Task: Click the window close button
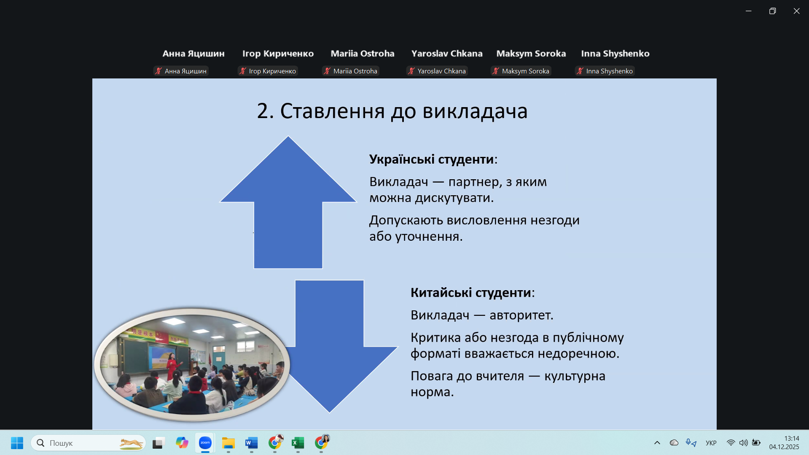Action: (x=796, y=11)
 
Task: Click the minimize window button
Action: (x=748, y=11)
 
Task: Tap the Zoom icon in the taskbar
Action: (x=205, y=443)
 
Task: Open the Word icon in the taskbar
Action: (x=251, y=443)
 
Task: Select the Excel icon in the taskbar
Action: (x=298, y=443)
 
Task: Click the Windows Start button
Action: (x=17, y=443)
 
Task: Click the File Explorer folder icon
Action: (x=228, y=443)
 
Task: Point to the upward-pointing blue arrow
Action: (x=288, y=202)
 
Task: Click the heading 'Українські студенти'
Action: (x=431, y=159)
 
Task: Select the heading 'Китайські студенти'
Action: (x=470, y=293)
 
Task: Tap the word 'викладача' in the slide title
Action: (x=475, y=111)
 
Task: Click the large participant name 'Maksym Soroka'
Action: (x=531, y=54)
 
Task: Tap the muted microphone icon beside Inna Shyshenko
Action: (x=581, y=71)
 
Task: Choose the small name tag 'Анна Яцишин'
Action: (x=185, y=71)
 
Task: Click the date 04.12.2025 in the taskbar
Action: (x=784, y=447)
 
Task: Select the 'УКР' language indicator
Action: (x=711, y=443)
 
